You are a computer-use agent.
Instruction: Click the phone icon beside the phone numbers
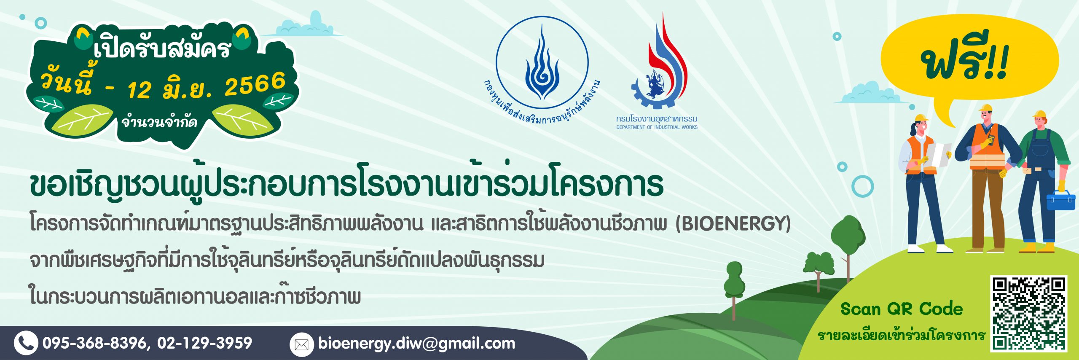[26, 343]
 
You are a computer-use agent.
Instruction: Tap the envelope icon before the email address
[302, 345]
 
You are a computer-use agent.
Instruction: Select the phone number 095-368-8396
[94, 343]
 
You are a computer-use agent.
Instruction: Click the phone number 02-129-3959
[205, 343]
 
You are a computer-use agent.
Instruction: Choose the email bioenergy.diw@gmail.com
[417, 344]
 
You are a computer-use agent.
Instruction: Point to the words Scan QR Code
[902, 309]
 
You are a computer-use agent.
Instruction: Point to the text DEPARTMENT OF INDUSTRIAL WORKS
[657, 127]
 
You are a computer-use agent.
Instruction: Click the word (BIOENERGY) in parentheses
[733, 223]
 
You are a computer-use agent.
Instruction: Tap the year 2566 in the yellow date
[255, 84]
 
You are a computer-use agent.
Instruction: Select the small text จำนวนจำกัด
[159, 122]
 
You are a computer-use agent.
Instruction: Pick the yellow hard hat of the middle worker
[985, 108]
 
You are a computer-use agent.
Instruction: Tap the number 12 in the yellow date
[139, 90]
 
